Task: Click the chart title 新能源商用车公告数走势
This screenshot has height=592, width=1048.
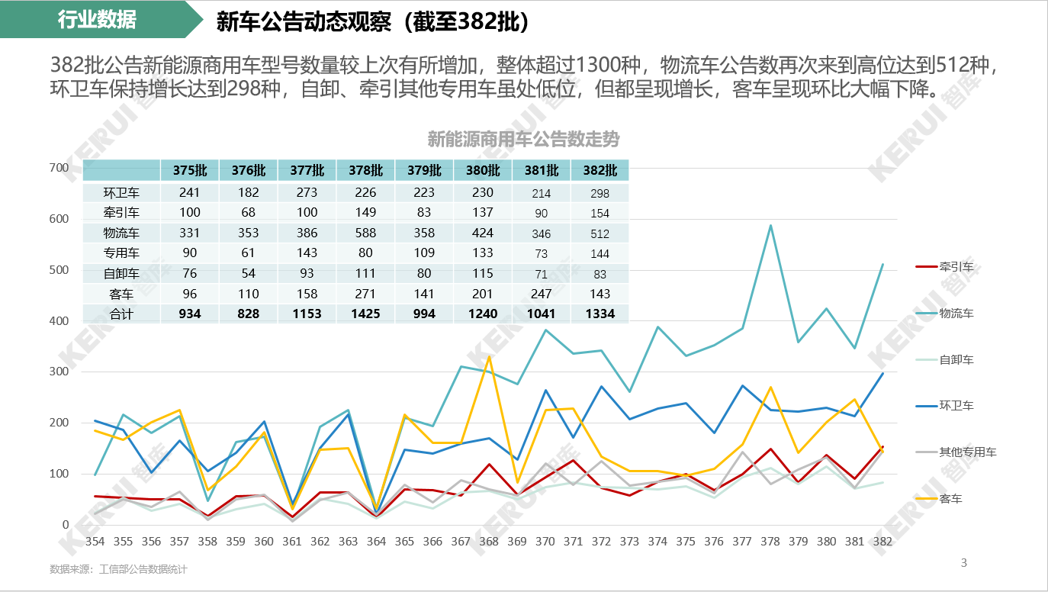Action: pyautogui.click(x=523, y=140)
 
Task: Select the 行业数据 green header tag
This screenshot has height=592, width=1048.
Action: pyautogui.click(x=97, y=20)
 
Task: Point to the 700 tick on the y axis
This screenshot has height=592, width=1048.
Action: pyautogui.click(x=59, y=168)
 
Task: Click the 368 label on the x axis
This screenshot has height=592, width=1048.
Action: pyautogui.click(x=489, y=542)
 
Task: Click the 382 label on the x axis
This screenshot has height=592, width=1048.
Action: pyautogui.click(x=882, y=542)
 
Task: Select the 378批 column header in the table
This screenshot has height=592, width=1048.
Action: pyautogui.click(x=365, y=170)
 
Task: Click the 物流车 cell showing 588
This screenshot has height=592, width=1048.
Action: pyautogui.click(x=365, y=233)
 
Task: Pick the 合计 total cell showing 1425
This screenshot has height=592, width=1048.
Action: pyautogui.click(x=365, y=314)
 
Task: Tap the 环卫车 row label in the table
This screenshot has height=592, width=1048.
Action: pyautogui.click(x=121, y=193)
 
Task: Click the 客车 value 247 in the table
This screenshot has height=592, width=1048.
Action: pyautogui.click(x=542, y=294)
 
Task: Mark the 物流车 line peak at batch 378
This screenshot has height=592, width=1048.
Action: pyautogui.click(x=770, y=226)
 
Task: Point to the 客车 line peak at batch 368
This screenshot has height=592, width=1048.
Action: pyautogui.click(x=489, y=357)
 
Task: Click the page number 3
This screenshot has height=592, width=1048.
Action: pyautogui.click(x=963, y=563)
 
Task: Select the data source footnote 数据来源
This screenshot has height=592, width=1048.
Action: pyautogui.click(x=118, y=569)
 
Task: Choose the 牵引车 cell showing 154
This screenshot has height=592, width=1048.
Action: pyautogui.click(x=600, y=214)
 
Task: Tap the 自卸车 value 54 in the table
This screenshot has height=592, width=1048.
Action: pyautogui.click(x=248, y=274)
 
